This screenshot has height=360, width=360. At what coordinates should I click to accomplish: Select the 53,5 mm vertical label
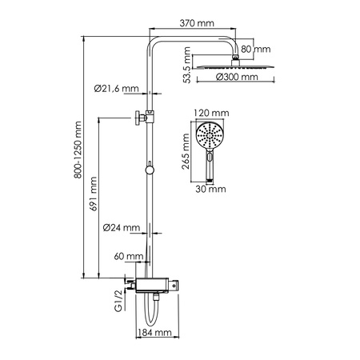pos(186,68)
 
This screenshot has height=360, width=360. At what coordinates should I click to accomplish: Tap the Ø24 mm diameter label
pos(121,228)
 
